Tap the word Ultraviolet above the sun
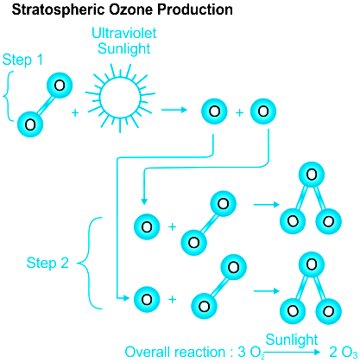[124, 33]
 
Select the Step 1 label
[22, 60]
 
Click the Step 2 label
[47, 263]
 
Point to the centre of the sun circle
[120, 98]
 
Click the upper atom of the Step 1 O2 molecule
[60, 86]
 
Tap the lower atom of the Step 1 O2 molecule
[30, 124]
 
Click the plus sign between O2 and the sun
[75, 112]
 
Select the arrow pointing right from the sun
[174, 110]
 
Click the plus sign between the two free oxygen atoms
[239, 112]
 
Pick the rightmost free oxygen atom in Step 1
[263, 111]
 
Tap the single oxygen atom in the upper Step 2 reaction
[147, 226]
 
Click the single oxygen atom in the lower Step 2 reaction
[147, 299]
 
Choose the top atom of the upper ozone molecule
[312, 175]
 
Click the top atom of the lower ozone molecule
[312, 264]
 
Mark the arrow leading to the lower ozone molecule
[267, 291]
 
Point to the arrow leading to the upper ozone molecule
[267, 205]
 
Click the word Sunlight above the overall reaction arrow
[292, 340]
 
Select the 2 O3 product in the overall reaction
[344, 353]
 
